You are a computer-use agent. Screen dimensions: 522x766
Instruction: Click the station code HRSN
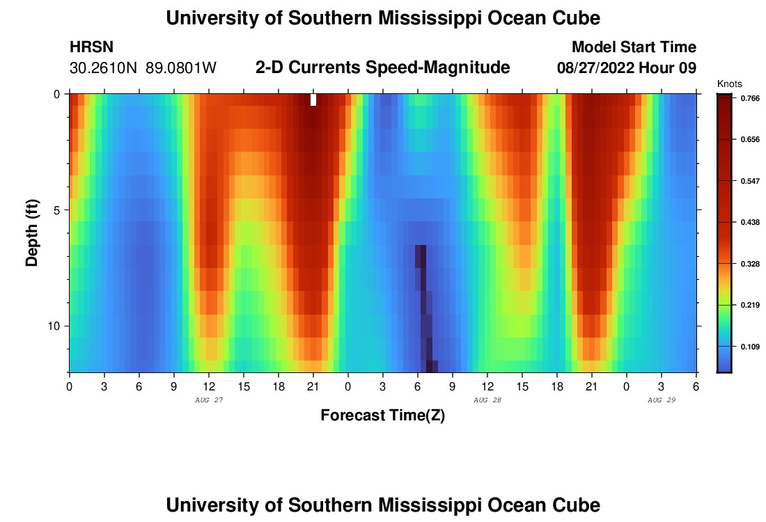point(92,47)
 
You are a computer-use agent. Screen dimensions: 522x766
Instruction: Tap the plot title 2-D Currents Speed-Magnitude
point(383,68)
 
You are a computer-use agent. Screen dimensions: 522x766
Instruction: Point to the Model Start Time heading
point(634,47)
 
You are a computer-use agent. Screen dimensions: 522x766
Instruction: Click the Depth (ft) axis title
point(32,233)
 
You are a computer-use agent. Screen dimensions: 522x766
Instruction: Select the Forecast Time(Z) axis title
point(382,416)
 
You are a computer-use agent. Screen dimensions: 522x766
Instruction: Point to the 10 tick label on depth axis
point(57,326)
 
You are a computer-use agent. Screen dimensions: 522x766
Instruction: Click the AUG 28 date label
point(487,400)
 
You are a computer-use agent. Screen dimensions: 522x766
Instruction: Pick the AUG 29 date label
point(662,400)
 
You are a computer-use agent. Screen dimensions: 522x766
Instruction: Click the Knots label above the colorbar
point(728,84)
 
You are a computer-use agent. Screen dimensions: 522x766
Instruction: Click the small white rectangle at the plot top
point(313,100)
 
